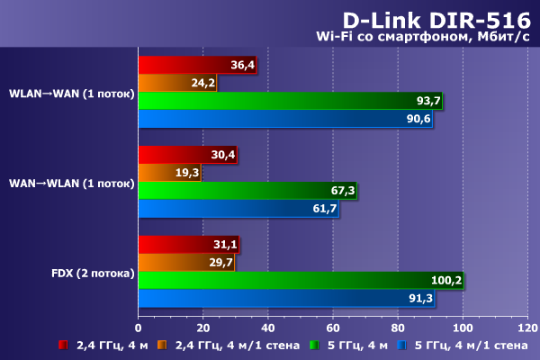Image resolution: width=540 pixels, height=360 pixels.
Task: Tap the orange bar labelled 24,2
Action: point(178,83)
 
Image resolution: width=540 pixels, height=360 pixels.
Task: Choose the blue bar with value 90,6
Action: point(286,118)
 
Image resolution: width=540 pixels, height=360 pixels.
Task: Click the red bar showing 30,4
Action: point(188,155)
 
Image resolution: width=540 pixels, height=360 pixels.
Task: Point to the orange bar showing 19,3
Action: point(170,173)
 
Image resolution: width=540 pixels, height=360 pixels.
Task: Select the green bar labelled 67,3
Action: point(248,190)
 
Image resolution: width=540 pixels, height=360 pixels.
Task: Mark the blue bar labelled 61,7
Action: point(238,208)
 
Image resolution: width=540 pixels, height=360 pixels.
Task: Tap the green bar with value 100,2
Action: point(301,280)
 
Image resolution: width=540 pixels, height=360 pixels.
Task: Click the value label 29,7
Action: point(220,262)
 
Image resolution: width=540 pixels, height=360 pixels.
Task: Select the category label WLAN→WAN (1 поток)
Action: point(71,93)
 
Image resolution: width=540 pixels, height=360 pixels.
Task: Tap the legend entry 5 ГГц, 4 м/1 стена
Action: point(469,345)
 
